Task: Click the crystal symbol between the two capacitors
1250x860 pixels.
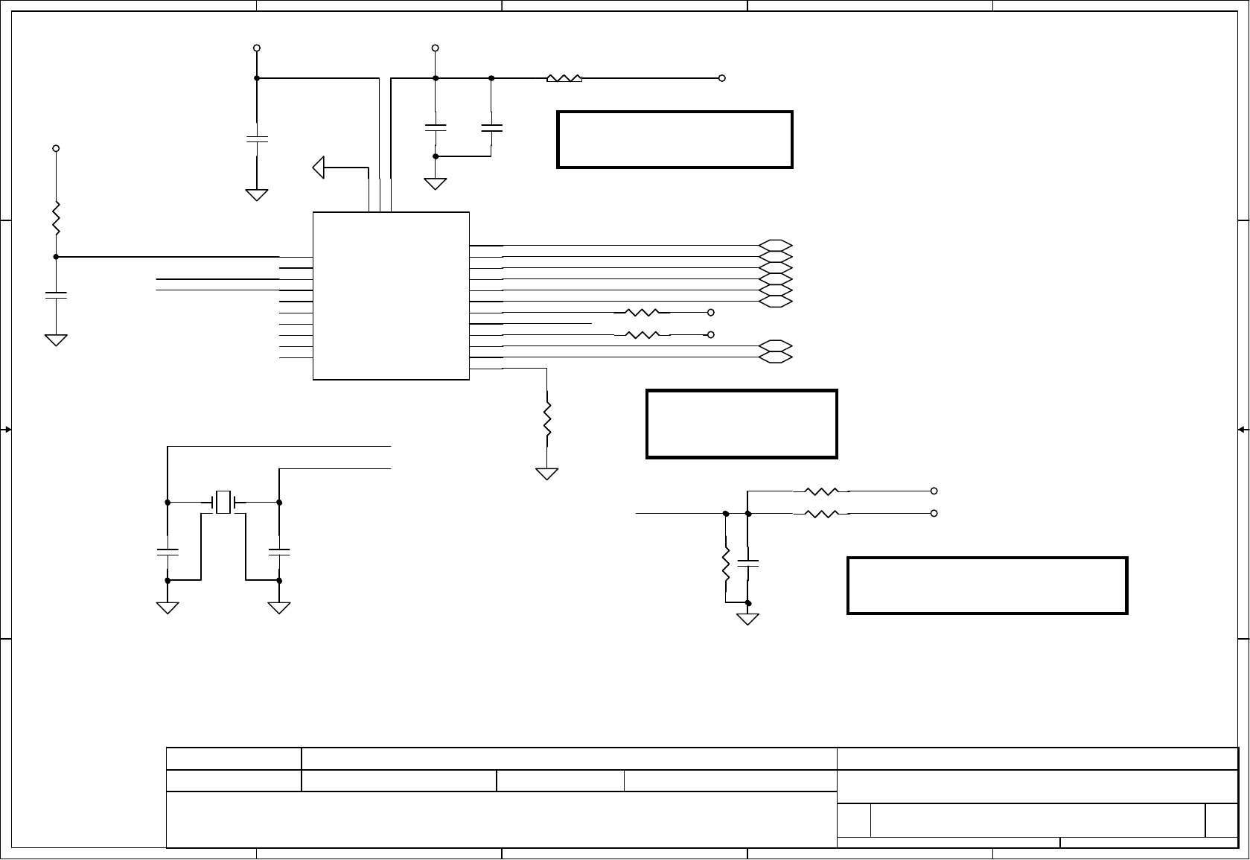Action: click(x=223, y=502)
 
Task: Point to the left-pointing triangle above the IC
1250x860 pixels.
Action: click(x=319, y=168)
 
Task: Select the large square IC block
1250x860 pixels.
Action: click(x=391, y=296)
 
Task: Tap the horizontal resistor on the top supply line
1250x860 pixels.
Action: click(x=564, y=78)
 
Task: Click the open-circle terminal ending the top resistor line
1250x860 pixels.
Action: click(x=722, y=78)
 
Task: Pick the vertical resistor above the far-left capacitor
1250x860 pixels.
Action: click(x=56, y=217)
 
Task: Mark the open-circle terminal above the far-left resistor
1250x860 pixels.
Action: click(x=56, y=149)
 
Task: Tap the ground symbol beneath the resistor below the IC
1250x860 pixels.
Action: click(x=547, y=474)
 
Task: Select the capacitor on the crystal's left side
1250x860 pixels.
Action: click(x=168, y=552)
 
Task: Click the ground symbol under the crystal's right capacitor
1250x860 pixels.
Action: click(x=279, y=608)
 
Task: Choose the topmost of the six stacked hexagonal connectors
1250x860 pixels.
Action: click(x=776, y=245)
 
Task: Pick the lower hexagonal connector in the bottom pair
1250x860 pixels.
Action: click(x=776, y=357)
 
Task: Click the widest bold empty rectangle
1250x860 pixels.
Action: click(x=987, y=585)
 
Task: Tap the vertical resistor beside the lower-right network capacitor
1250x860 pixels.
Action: click(x=725, y=567)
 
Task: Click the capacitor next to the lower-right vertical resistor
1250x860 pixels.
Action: click(x=748, y=561)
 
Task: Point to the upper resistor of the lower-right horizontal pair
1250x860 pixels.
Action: click(x=823, y=491)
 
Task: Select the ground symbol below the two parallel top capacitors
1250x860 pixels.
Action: click(x=436, y=182)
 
